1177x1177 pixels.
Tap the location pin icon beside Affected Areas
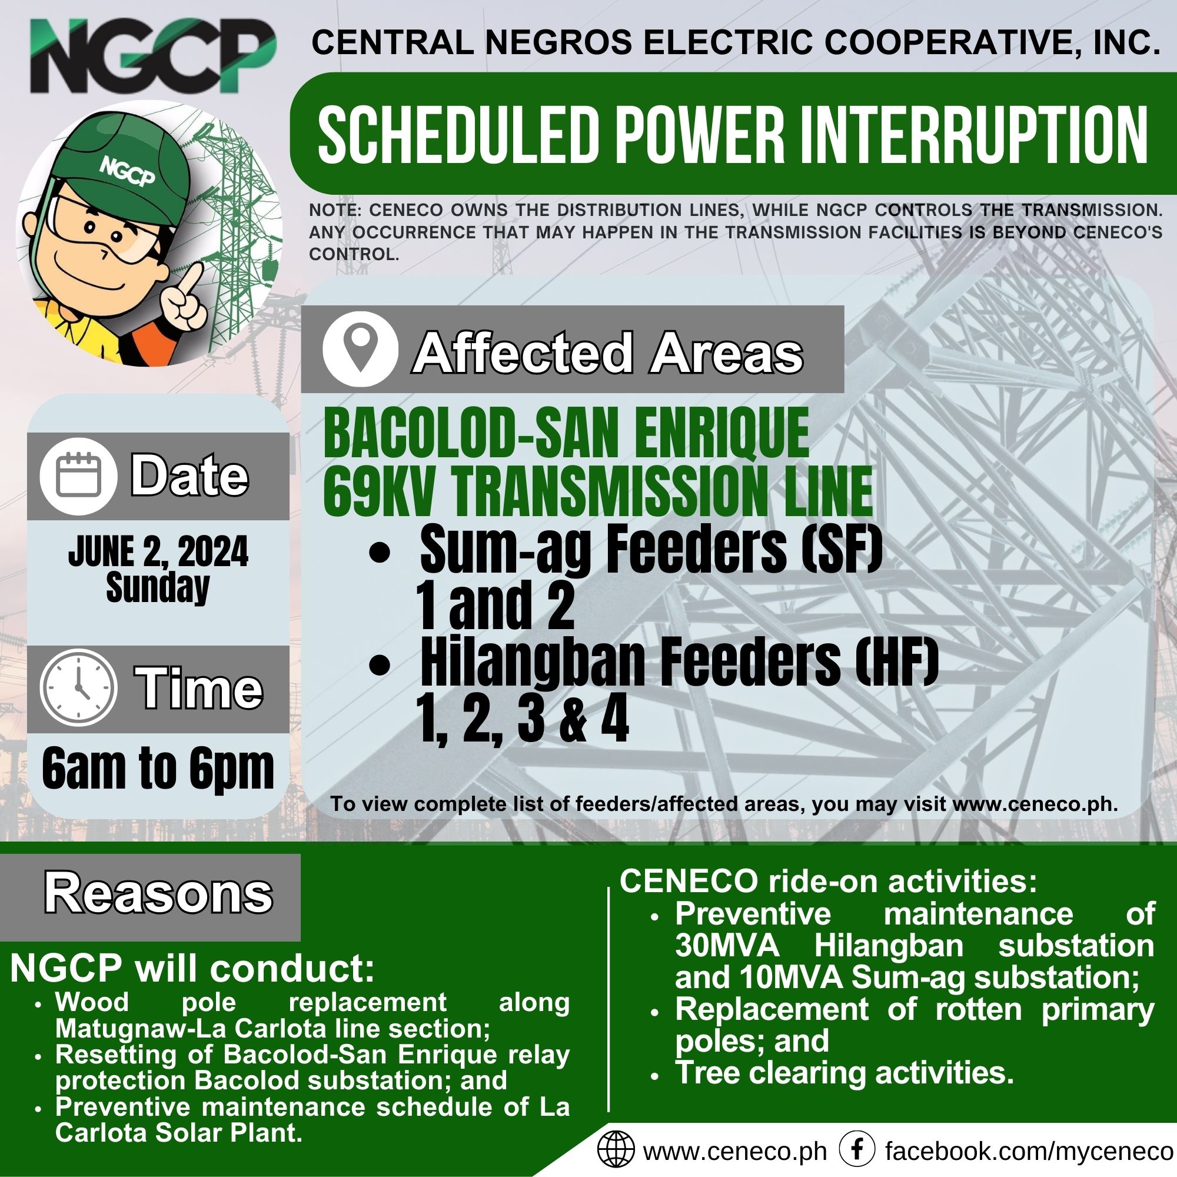[361, 350]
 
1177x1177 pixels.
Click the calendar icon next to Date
[79, 476]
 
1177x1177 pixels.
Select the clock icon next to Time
[79, 688]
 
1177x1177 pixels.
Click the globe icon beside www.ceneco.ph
[616, 1150]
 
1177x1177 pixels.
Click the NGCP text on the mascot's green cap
[127, 172]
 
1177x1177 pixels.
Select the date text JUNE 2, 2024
[158, 551]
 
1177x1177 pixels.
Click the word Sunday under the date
[158, 588]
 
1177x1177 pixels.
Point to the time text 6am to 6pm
[158, 769]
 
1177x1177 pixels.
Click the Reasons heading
[158, 893]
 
